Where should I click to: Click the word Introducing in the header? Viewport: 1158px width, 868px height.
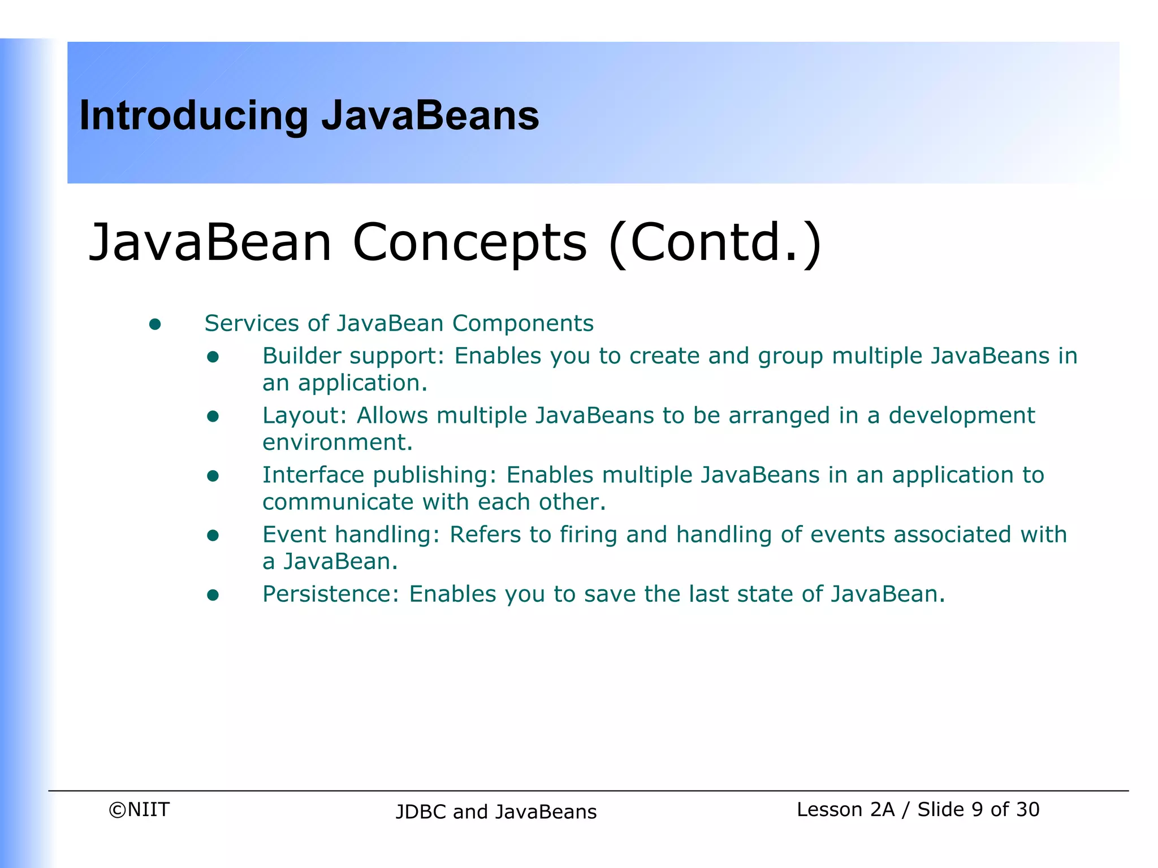[x=193, y=116]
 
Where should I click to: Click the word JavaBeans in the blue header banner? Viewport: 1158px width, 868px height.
[x=430, y=115]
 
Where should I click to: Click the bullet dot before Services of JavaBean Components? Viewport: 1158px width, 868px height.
[x=155, y=324]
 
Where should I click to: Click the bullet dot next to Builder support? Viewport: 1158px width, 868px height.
[x=213, y=357]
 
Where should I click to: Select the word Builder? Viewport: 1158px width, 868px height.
[x=301, y=356]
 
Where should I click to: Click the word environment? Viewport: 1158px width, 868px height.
[x=337, y=442]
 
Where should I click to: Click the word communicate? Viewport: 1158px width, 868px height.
[x=338, y=502]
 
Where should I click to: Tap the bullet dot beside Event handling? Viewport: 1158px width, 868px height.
[x=213, y=535]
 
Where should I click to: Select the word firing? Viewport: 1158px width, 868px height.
[x=588, y=535]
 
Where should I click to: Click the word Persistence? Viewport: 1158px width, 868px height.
[x=330, y=594]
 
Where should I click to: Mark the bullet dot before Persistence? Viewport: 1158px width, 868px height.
[x=213, y=595]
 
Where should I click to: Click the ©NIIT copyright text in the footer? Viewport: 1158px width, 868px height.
[x=139, y=809]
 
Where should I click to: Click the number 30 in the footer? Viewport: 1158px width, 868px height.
[x=1027, y=809]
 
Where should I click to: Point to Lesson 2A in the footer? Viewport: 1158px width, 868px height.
[x=845, y=809]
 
